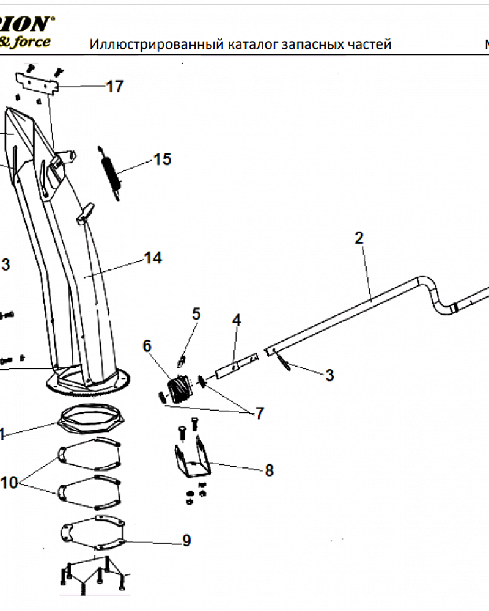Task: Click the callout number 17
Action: [115, 87]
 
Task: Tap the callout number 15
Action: [162, 159]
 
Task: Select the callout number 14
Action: [153, 258]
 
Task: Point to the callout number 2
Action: [359, 238]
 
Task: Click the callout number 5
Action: [196, 314]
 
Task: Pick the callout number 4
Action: [236, 320]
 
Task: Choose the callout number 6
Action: [147, 345]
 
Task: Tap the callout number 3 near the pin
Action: [329, 375]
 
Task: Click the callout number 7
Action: [259, 414]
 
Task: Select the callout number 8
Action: [269, 470]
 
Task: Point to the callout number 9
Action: [186, 541]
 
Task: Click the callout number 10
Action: [9, 483]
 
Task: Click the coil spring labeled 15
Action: [109, 171]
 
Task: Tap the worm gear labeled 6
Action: [178, 389]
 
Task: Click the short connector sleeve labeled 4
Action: [235, 367]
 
